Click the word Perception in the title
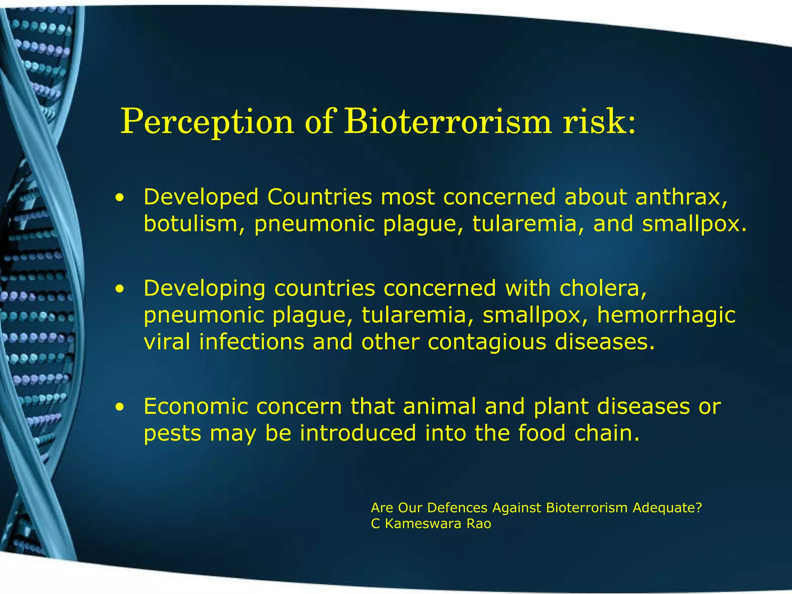[x=207, y=122]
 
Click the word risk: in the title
[x=599, y=122]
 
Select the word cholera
[x=603, y=288]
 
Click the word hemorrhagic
[x=666, y=315]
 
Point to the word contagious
[x=487, y=342]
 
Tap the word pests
[x=172, y=434]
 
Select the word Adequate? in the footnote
[x=667, y=507]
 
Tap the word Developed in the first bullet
[x=201, y=198]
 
